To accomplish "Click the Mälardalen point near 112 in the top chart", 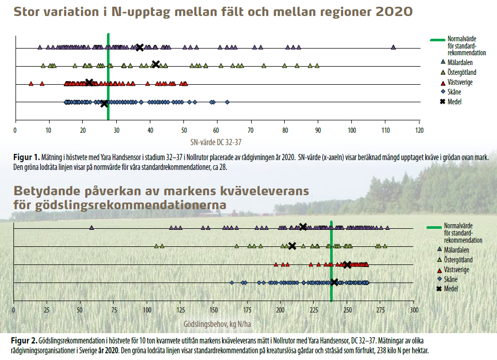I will pyautogui.click(x=394, y=48).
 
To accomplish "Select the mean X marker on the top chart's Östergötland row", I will pyautogui.click(x=156, y=65).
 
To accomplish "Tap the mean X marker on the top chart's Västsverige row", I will pyautogui.click(x=89, y=82).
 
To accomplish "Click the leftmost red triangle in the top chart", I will pyautogui.click(x=31, y=83).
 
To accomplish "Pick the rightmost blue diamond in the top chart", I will pyautogui.click(x=227, y=102).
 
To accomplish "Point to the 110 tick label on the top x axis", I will pyautogui.click(x=385, y=130).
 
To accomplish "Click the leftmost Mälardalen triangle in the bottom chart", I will pyautogui.click(x=91, y=228).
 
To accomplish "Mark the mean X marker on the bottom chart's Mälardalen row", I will pyautogui.click(x=303, y=227).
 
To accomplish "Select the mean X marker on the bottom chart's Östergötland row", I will pyautogui.click(x=292, y=246).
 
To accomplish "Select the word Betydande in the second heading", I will pyautogui.click(x=52, y=192).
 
